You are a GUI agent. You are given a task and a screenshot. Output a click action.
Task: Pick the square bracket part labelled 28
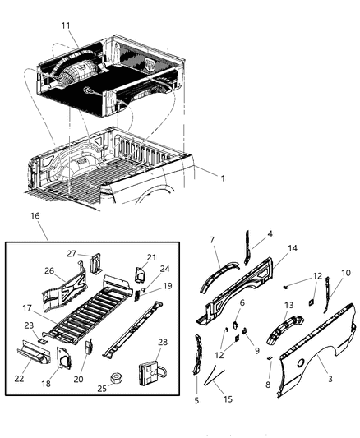(150, 374)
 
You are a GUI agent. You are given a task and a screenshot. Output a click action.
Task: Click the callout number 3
(330, 378)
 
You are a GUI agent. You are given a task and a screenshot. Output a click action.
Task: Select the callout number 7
(213, 240)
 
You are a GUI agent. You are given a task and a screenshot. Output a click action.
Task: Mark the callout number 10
(346, 272)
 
